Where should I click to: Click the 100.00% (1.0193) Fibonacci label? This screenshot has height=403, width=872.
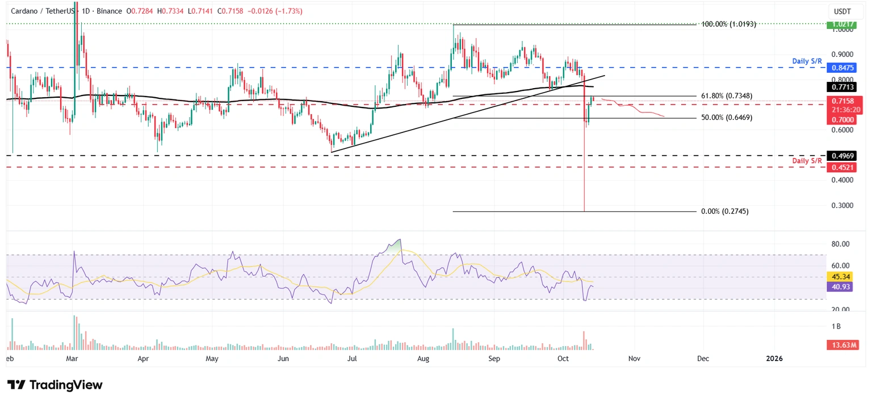click(x=729, y=24)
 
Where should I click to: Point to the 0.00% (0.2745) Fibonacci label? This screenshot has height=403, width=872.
click(x=724, y=211)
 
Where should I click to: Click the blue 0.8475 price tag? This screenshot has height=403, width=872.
click(x=843, y=68)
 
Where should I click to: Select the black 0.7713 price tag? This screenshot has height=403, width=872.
click(x=843, y=87)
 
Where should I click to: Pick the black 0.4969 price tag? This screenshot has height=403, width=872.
click(x=843, y=155)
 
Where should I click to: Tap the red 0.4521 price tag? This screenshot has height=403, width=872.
click(x=843, y=167)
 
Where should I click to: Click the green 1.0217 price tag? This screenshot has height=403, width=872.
click(x=843, y=24)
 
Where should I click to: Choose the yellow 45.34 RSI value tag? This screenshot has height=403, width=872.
click(x=842, y=277)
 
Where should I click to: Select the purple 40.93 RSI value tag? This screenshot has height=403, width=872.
click(x=842, y=287)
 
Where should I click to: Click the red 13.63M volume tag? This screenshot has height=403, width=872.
click(x=842, y=345)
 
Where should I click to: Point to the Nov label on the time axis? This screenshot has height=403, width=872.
click(x=634, y=359)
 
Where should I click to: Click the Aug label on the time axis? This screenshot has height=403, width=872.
click(x=422, y=359)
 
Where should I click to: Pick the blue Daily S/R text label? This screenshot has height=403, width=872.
click(x=807, y=60)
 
